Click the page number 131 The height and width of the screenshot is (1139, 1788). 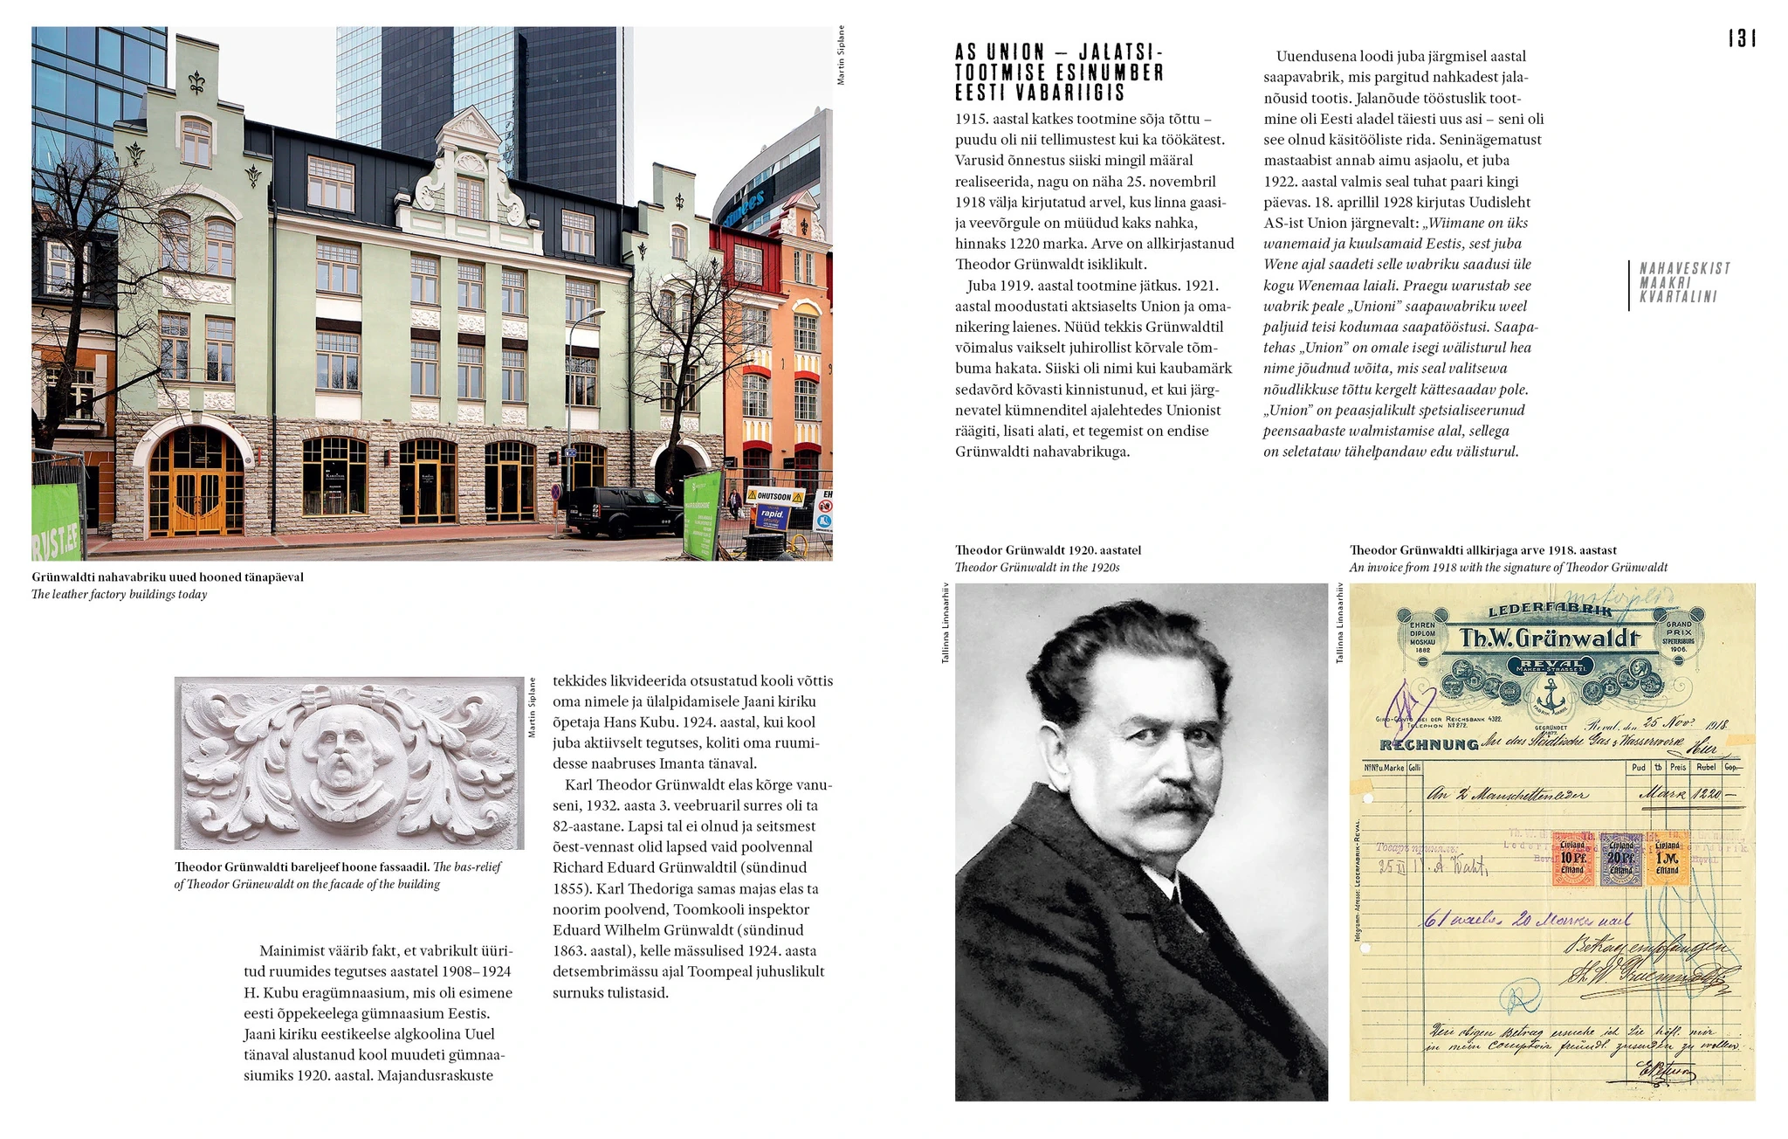click(x=1742, y=38)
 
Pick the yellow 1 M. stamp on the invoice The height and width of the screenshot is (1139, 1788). click(x=1667, y=858)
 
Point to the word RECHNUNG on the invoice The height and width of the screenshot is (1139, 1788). click(x=1428, y=745)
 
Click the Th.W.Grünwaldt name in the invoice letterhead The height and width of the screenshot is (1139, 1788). click(x=1550, y=639)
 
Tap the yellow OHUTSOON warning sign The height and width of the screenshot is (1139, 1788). click(x=774, y=496)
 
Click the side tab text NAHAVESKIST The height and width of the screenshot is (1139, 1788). click(x=1684, y=268)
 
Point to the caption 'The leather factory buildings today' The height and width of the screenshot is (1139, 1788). click(x=120, y=595)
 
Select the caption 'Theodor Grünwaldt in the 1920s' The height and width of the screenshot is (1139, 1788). click(x=1036, y=568)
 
